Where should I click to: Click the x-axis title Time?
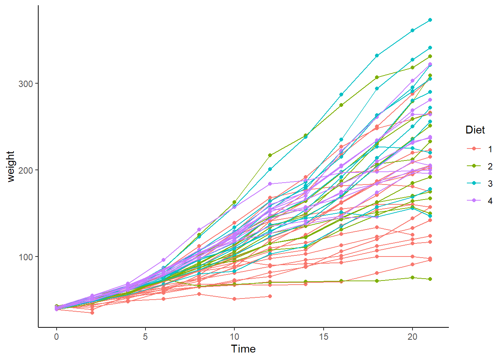(x=243, y=349)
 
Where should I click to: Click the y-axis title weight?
(x=10, y=166)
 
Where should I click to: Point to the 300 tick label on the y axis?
(x=25, y=84)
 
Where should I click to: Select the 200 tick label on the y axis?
(x=25, y=170)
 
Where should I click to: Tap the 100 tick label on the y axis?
(x=25, y=257)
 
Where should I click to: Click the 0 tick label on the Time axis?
(x=56, y=337)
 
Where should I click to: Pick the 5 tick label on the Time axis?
(x=145, y=337)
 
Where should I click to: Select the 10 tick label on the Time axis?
(x=234, y=337)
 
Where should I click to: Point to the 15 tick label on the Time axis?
(x=323, y=337)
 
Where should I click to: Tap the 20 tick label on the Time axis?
(x=412, y=337)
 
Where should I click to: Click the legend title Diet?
(x=475, y=130)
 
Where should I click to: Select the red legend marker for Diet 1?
(x=474, y=149)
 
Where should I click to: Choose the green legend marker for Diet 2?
(x=474, y=166)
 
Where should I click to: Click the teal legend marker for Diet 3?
(x=474, y=183)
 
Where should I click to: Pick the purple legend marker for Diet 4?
(x=474, y=201)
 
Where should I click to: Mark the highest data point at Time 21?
(x=430, y=20)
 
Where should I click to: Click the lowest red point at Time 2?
(x=92, y=312)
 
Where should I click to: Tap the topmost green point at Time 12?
(x=270, y=155)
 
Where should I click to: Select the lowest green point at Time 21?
(x=430, y=279)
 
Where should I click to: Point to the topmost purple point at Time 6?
(x=163, y=260)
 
